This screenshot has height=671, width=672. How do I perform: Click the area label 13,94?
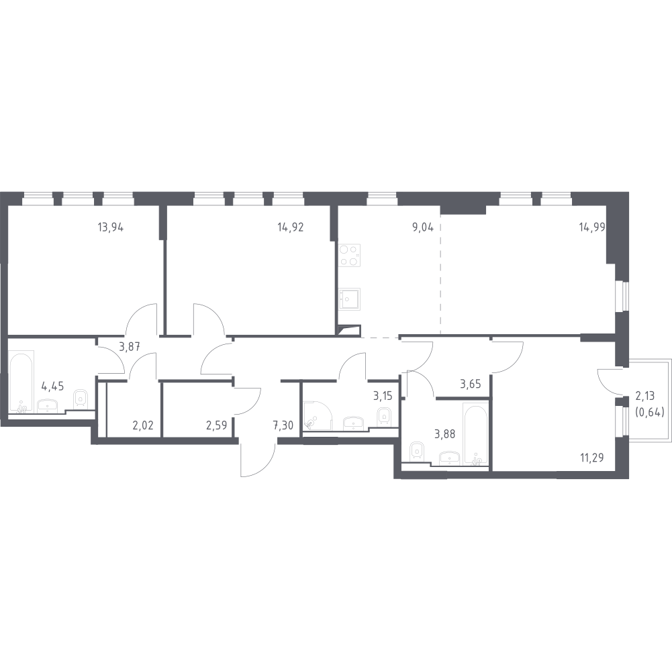point(111,227)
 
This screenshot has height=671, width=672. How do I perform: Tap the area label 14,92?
point(290,227)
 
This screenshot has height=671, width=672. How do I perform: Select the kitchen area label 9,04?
point(422,227)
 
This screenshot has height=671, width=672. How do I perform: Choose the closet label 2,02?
point(142,424)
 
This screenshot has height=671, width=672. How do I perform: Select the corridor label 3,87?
point(130,347)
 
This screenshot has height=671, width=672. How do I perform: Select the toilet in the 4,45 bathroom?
point(81,399)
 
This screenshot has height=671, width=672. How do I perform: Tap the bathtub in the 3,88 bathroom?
point(474,434)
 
